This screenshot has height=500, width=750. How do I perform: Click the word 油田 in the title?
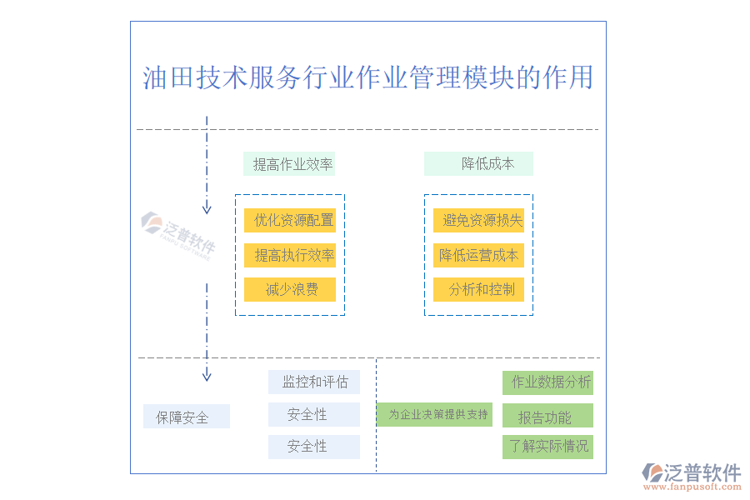(168, 77)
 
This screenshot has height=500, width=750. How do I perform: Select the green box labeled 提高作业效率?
(289, 164)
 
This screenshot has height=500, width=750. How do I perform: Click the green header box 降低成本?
(479, 164)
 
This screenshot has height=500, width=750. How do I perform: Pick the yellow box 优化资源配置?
(290, 220)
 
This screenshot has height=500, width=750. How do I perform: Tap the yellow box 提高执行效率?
(290, 255)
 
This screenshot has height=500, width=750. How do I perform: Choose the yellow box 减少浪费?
(290, 289)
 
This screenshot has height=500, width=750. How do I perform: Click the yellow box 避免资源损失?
(479, 220)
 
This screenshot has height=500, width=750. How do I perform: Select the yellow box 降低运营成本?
(479, 255)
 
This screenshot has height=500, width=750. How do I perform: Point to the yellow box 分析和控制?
(479, 289)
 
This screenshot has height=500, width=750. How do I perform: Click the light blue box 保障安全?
(186, 417)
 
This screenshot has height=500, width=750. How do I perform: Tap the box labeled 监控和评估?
(314, 382)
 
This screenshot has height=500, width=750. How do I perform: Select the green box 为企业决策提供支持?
(434, 414)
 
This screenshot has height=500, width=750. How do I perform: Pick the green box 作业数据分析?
(547, 382)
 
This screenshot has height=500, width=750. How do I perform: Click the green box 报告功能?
(547, 417)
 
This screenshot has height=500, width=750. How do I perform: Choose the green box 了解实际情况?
(547, 446)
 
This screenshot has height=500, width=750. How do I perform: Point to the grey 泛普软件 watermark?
(179, 233)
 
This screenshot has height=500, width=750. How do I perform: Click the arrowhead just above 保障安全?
(207, 376)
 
